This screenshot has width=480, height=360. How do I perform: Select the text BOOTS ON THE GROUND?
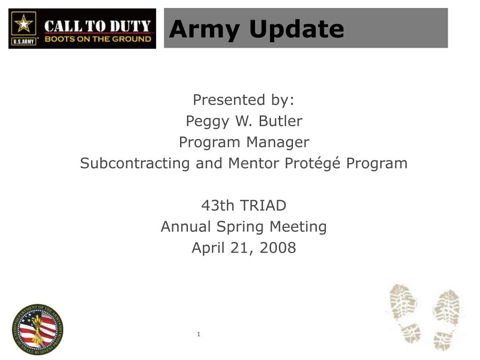click(x=97, y=39)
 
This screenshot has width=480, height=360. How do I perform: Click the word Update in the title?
click(x=296, y=29)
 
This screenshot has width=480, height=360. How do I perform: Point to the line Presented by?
click(x=244, y=100)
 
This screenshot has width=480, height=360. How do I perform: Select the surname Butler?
click(x=280, y=121)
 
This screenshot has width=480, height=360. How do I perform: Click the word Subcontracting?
click(x=134, y=163)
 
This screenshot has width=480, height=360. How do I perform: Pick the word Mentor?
click(x=252, y=163)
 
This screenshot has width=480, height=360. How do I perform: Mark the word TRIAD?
click(x=264, y=205)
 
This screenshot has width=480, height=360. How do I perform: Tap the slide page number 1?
click(x=199, y=334)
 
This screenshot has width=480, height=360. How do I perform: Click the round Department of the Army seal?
click(x=37, y=329)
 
